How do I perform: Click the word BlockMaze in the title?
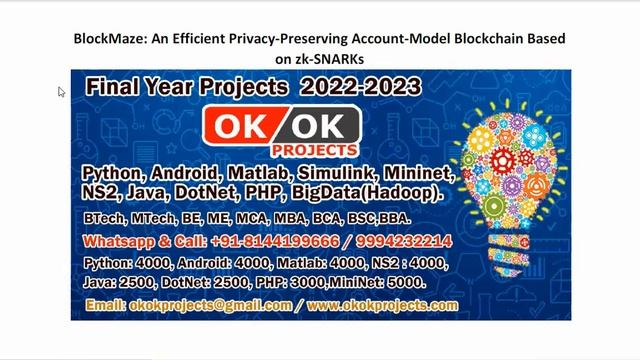[107, 39]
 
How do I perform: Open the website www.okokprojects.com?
[383, 305]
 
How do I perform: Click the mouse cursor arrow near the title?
[61, 92]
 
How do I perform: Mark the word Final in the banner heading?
[109, 87]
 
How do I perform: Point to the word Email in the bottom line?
[105, 305]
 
